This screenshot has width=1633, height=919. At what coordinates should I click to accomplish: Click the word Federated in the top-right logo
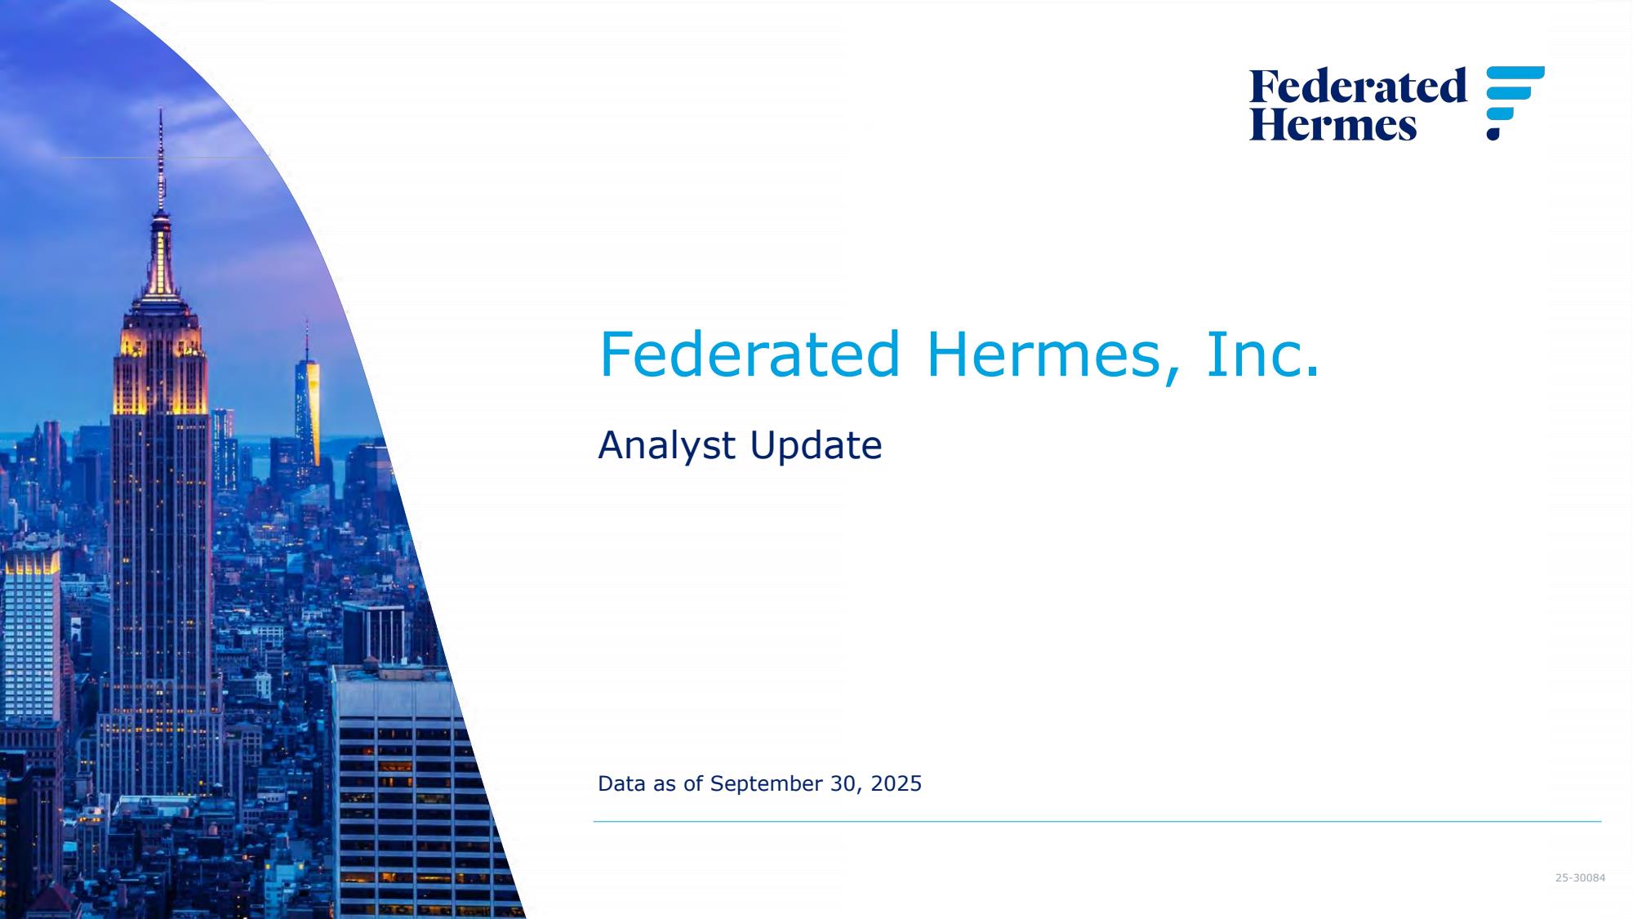1358,87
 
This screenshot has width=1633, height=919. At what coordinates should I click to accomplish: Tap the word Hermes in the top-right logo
1333,124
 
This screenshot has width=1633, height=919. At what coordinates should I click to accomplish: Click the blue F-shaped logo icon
1515,102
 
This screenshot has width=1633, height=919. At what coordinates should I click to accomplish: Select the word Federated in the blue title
749,355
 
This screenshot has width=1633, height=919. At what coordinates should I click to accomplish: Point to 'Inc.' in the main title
1262,355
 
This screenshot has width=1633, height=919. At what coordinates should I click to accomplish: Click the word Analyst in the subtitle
667,446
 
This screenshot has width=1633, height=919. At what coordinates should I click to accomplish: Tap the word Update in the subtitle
816,446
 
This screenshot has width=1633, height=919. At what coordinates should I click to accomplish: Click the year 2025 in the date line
897,783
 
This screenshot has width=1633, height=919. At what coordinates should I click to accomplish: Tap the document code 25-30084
1580,878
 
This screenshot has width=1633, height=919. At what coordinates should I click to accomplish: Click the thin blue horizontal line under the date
1097,821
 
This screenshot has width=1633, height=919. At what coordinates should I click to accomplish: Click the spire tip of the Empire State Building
160,109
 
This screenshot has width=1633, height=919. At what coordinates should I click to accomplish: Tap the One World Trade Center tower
308,400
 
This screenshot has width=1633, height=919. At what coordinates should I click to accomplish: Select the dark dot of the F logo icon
1493,133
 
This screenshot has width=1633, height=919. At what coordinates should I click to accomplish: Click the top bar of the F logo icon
1515,74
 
